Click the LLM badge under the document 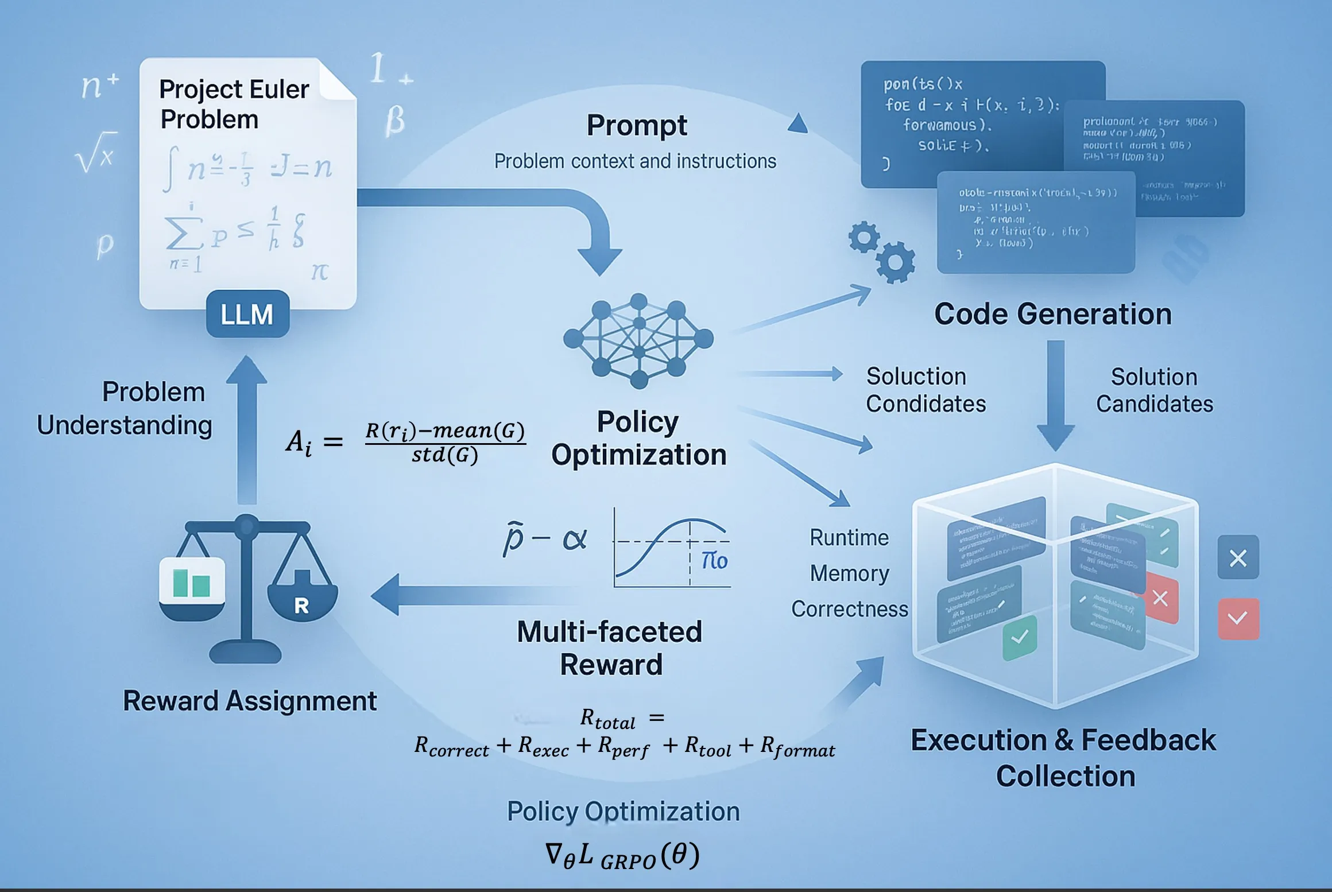tap(247, 314)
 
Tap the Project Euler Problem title tap(234, 104)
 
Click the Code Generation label tap(1052, 314)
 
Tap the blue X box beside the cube tap(1238, 557)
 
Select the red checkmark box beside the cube tap(1238, 618)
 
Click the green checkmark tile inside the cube tap(1020, 637)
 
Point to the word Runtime tap(849, 538)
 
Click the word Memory tap(850, 573)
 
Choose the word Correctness tap(850, 609)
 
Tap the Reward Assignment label tap(250, 701)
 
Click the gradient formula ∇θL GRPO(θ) tap(622, 856)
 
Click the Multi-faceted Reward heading tap(610, 648)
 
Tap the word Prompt tap(636, 125)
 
